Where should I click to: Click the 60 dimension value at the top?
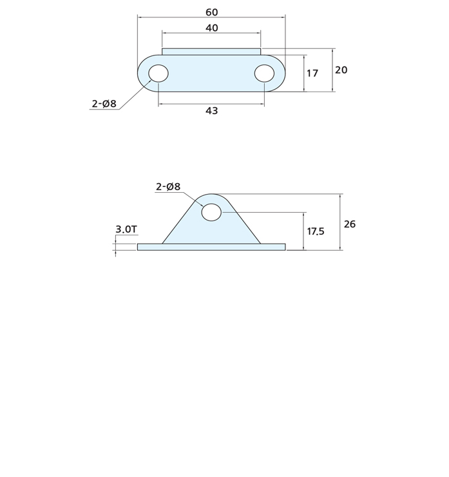(x=211, y=12)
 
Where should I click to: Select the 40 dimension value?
(x=211, y=28)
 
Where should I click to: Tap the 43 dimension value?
(x=211, y=111)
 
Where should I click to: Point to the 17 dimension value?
(x=312, y=73)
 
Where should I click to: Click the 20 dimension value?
(x=341, y=70)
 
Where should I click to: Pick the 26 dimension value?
(x=350, y=224)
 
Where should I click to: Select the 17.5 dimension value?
(x=316, y=231)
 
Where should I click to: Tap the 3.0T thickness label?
(x=126, y=229)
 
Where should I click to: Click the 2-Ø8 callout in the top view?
(x=104, y=104)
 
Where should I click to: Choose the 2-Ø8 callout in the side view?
(x=168, y=186)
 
